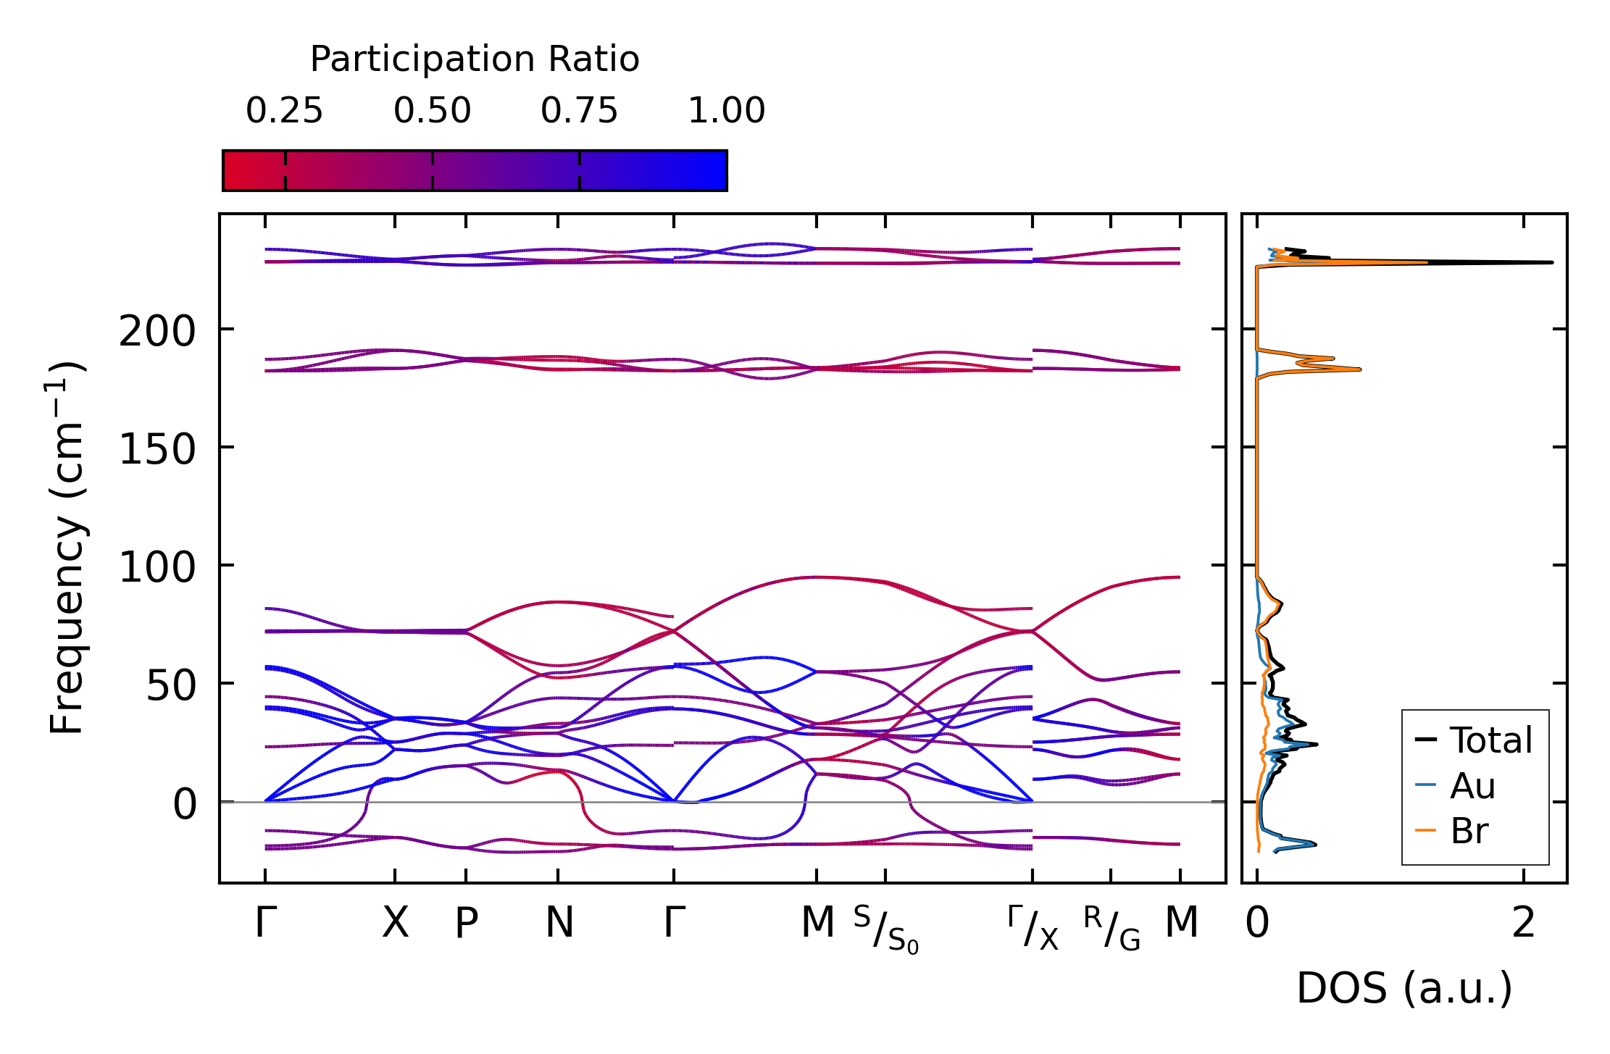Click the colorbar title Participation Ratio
point(475,59)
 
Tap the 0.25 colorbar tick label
point(284,111)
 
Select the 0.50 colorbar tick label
point(432,111)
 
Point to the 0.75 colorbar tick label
point(579,111)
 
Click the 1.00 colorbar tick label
point(726,111)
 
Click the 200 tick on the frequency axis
point(157,332)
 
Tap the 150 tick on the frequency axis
point(157,450)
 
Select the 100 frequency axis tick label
point(157,567)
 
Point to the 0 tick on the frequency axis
point(185,804)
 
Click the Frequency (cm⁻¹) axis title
point(67,548)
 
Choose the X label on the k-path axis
point(395,923)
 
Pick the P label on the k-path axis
point(466,923)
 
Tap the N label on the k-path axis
point(559,923)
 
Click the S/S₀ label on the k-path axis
point(885,929)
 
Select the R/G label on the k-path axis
point(1111,929)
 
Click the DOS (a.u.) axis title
point(1404,988)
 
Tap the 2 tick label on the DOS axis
point(1524,923)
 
